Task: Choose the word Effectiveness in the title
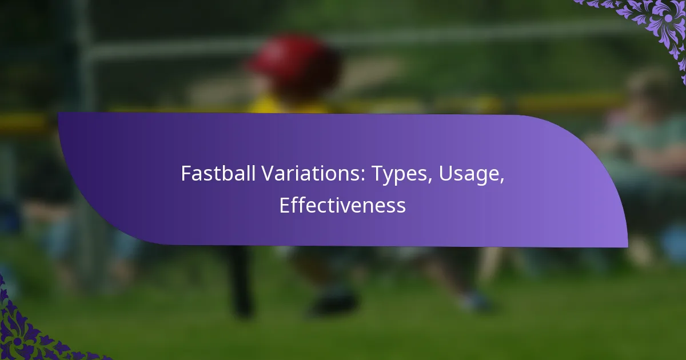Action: [342, 205]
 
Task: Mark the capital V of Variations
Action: [268, 174]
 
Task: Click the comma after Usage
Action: [502, 181]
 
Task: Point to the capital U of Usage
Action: [445, 174]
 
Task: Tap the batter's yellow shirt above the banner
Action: [288, 105]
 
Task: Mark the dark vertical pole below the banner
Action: [242, 282]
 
